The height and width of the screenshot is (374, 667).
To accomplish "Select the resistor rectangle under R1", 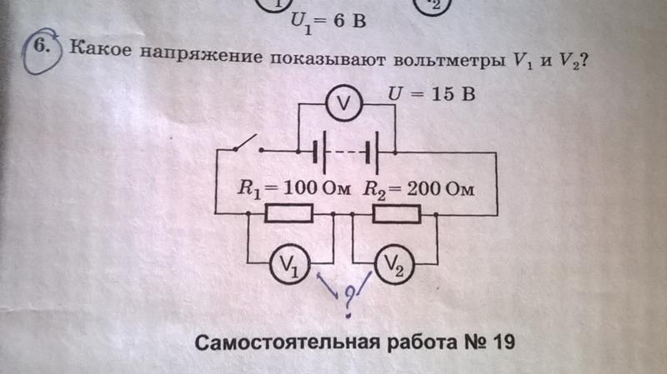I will (288, 215).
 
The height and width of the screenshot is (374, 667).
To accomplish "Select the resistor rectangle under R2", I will (396, 215).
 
